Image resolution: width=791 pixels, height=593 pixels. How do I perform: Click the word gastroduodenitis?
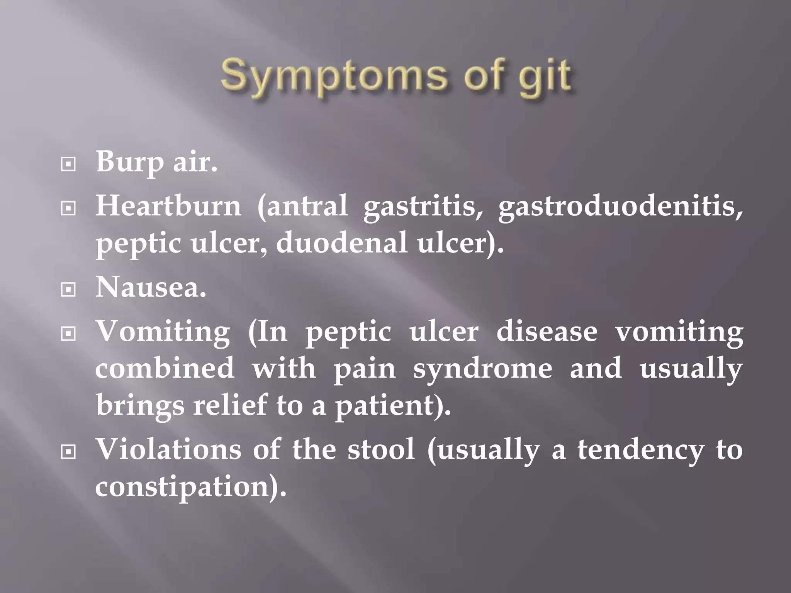coord(620,207)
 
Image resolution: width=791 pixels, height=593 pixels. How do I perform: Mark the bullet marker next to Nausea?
coord(68,290)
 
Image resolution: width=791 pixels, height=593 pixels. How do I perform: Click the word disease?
coord(547,332)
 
